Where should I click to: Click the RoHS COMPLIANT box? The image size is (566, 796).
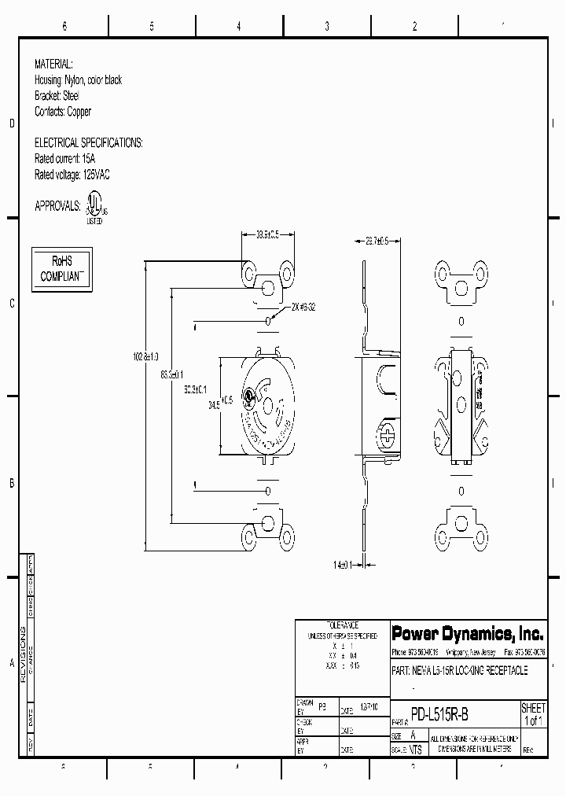click(x=61, y=269)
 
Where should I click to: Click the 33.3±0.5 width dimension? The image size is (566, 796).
click(x=268, y=234)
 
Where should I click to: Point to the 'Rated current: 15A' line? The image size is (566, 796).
click(x=70, y=158)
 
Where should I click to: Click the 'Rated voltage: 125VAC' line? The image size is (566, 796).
click(x=72, y=175)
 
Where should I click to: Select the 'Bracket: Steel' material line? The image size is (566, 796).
click(x=57, y=96)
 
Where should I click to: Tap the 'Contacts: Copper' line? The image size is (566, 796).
click(x=63, y=112)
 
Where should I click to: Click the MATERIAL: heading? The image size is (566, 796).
click(x=53, y=64)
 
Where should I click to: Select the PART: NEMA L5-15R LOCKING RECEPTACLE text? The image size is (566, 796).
click(x=459, y=671)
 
